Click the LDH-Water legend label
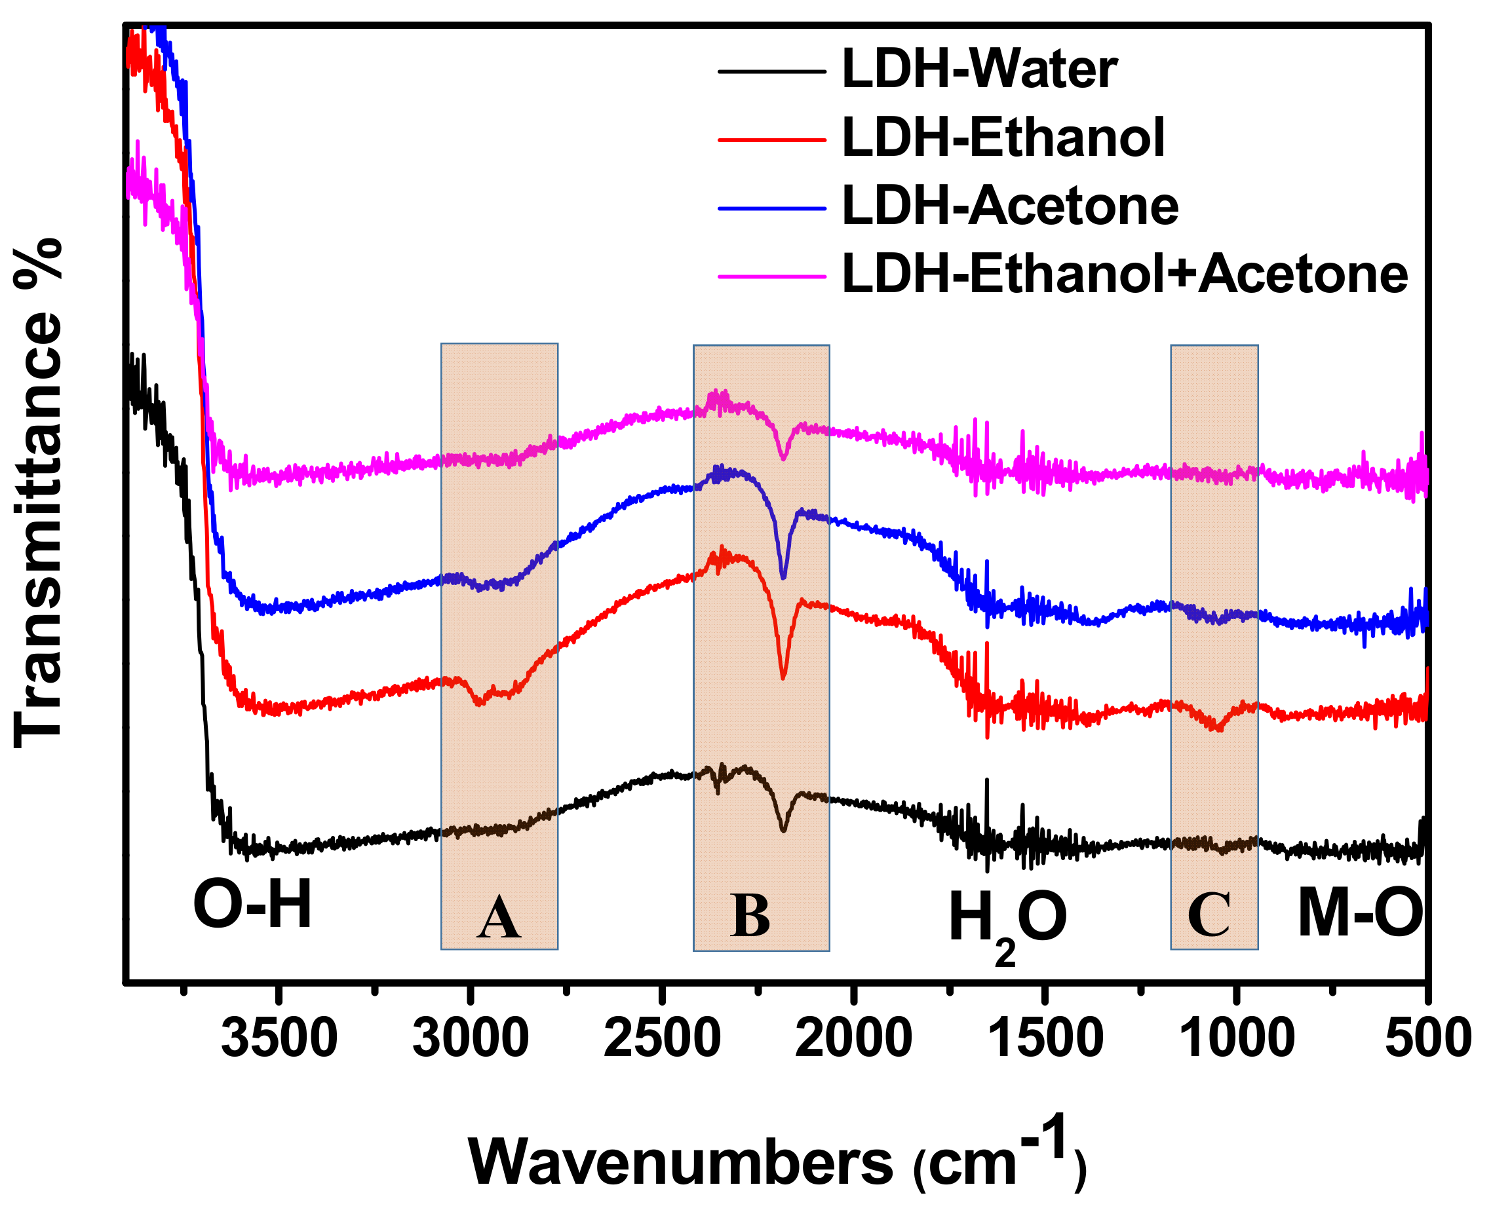[x=978, y=70]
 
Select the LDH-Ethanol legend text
[x=1002, y=138]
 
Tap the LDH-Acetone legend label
[x=1009, y=206]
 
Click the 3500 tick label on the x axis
[x=279, y=1038]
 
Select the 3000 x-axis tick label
[x=471, y=1038]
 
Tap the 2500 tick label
[x=662, y=1038]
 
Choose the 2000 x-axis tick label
[x=853, y=1038]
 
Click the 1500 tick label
[x=1045, y=1038]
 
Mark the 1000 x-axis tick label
[x=1237, y=1038]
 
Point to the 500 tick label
[x=1427, y=1038]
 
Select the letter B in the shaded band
[x=750, y=916]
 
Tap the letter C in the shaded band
[x=1209, y=916]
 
